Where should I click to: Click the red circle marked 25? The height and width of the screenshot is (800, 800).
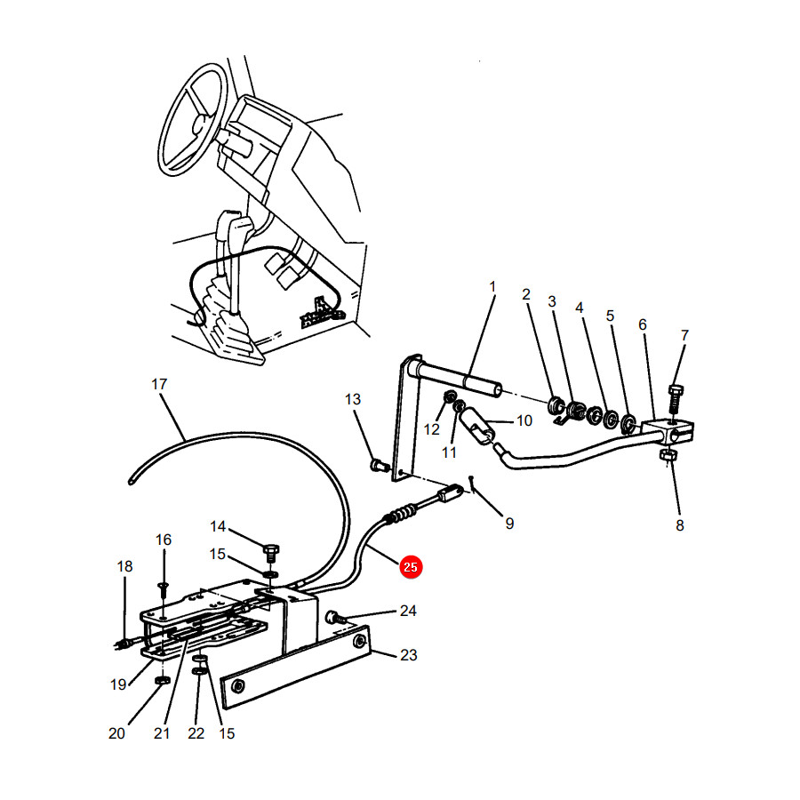[x=411, y=567]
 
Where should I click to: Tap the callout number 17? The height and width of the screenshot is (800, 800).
[x=159, y=384]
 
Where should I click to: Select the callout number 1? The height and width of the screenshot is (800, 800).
[x=492, y=287]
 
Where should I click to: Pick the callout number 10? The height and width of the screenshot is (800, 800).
[x=524, y=420]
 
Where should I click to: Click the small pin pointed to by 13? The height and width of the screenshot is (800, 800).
[x=379, y=465]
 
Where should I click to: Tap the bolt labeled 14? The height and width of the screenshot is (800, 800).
[x=271, y=553]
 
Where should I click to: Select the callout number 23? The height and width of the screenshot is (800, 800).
[x=409, y=654]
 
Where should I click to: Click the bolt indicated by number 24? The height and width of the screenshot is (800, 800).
[x=335, y=618]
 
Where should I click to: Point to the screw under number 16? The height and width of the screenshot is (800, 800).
[x=164, y=590]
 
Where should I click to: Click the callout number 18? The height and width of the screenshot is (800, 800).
[x=124, y=566]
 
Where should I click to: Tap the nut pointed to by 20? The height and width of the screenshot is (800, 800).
[x=162, y=681]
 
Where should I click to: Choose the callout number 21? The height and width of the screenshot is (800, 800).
[x=162, y=733]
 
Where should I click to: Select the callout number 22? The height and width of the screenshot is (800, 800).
[x=196, y=733]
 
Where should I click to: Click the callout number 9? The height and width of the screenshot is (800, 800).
[x=509, y=523]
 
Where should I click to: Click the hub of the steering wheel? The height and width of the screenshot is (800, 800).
[x=198, y=124]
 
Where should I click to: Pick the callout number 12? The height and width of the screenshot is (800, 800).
[x=432, y=429]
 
